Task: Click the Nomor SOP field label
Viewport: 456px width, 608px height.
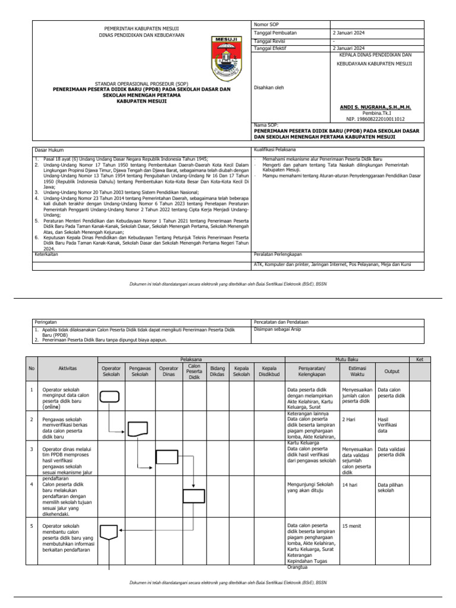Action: [265, 24]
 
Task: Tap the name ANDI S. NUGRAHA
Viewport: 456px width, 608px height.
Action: [375, 107]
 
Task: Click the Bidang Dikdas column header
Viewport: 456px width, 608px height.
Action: [218, 372]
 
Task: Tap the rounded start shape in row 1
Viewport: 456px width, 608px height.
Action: [109, 397]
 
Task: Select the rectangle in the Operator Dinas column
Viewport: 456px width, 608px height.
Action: [167, 457]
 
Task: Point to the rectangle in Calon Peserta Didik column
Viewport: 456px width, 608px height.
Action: [194, 496]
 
